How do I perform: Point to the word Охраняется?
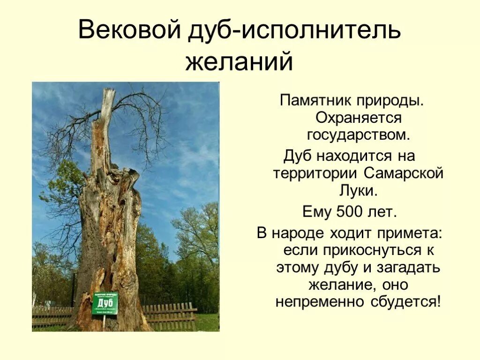[x=359, y=118]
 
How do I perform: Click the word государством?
[x=359, y=136]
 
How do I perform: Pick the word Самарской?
[x=404, y=173]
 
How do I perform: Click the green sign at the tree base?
[x=105, y=303]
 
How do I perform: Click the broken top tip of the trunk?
[x=109, y=92]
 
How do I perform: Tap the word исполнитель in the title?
[x=321, y=30]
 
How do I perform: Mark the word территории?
[x=315, y=173]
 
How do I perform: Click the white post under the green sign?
[x=104, y=322]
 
